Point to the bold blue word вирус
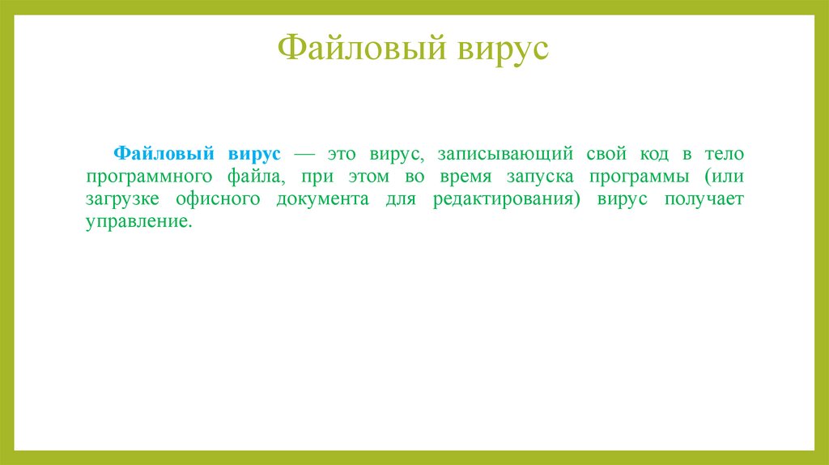point(254,154)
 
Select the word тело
point(721,154)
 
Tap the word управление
point(140,223)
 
